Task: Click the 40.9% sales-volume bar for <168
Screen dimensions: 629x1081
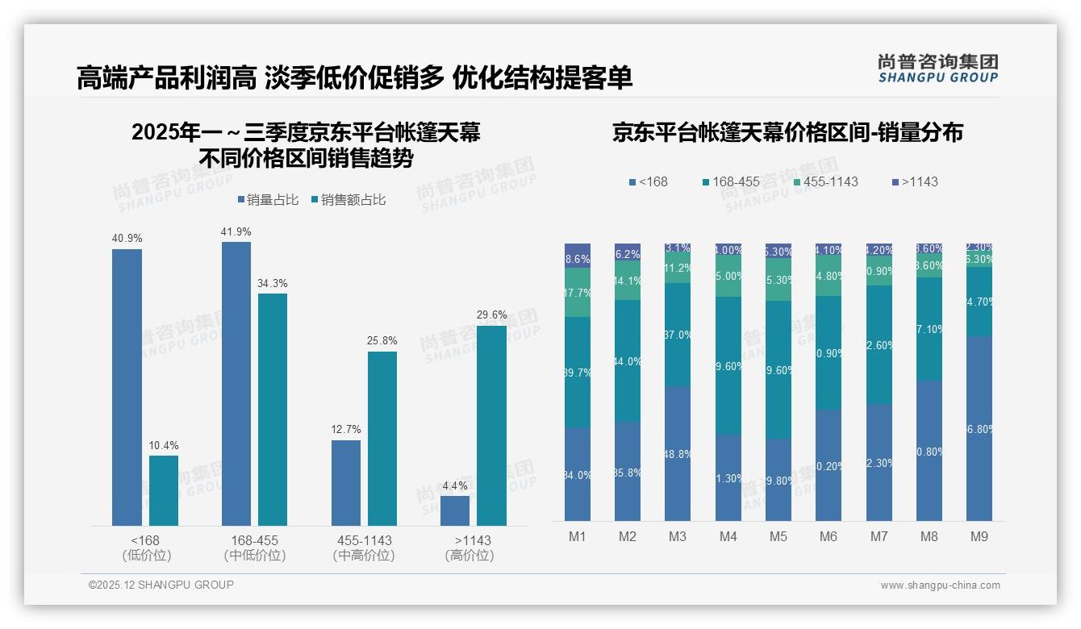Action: click(x=127, y=387)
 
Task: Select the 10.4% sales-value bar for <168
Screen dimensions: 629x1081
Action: click(x=164, y=490)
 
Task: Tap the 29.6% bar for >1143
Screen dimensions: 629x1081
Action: click(x=492, y=425)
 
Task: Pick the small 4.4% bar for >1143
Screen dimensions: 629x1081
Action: click(x=455, y=510)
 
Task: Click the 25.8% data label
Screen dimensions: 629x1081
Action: click(x=382, y=341)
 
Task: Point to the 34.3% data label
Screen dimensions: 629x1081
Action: click(x=273, y=283)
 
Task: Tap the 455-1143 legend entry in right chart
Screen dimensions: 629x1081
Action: click(x=824, y=181)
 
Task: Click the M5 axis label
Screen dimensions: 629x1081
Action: click(x=778, y=536)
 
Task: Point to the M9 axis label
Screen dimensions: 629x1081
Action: click(x=979, y=536)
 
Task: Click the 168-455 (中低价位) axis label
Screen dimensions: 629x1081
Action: click(x=255, y=548)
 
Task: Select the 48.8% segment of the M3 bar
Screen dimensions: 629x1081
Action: click(x=678, y=453)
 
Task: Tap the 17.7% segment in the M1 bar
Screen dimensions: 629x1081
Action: click(x=578, y=292)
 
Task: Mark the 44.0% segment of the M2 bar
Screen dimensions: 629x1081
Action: click(x=628, y=360)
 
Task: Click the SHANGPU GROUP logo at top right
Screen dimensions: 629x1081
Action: click(x=937, y=69)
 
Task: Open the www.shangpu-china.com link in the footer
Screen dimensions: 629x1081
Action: click(x=940, y=585)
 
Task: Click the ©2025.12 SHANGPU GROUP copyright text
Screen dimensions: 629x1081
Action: click(x=161, y=585)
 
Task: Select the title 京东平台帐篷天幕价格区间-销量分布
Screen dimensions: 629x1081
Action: click(x=787, y=132)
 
